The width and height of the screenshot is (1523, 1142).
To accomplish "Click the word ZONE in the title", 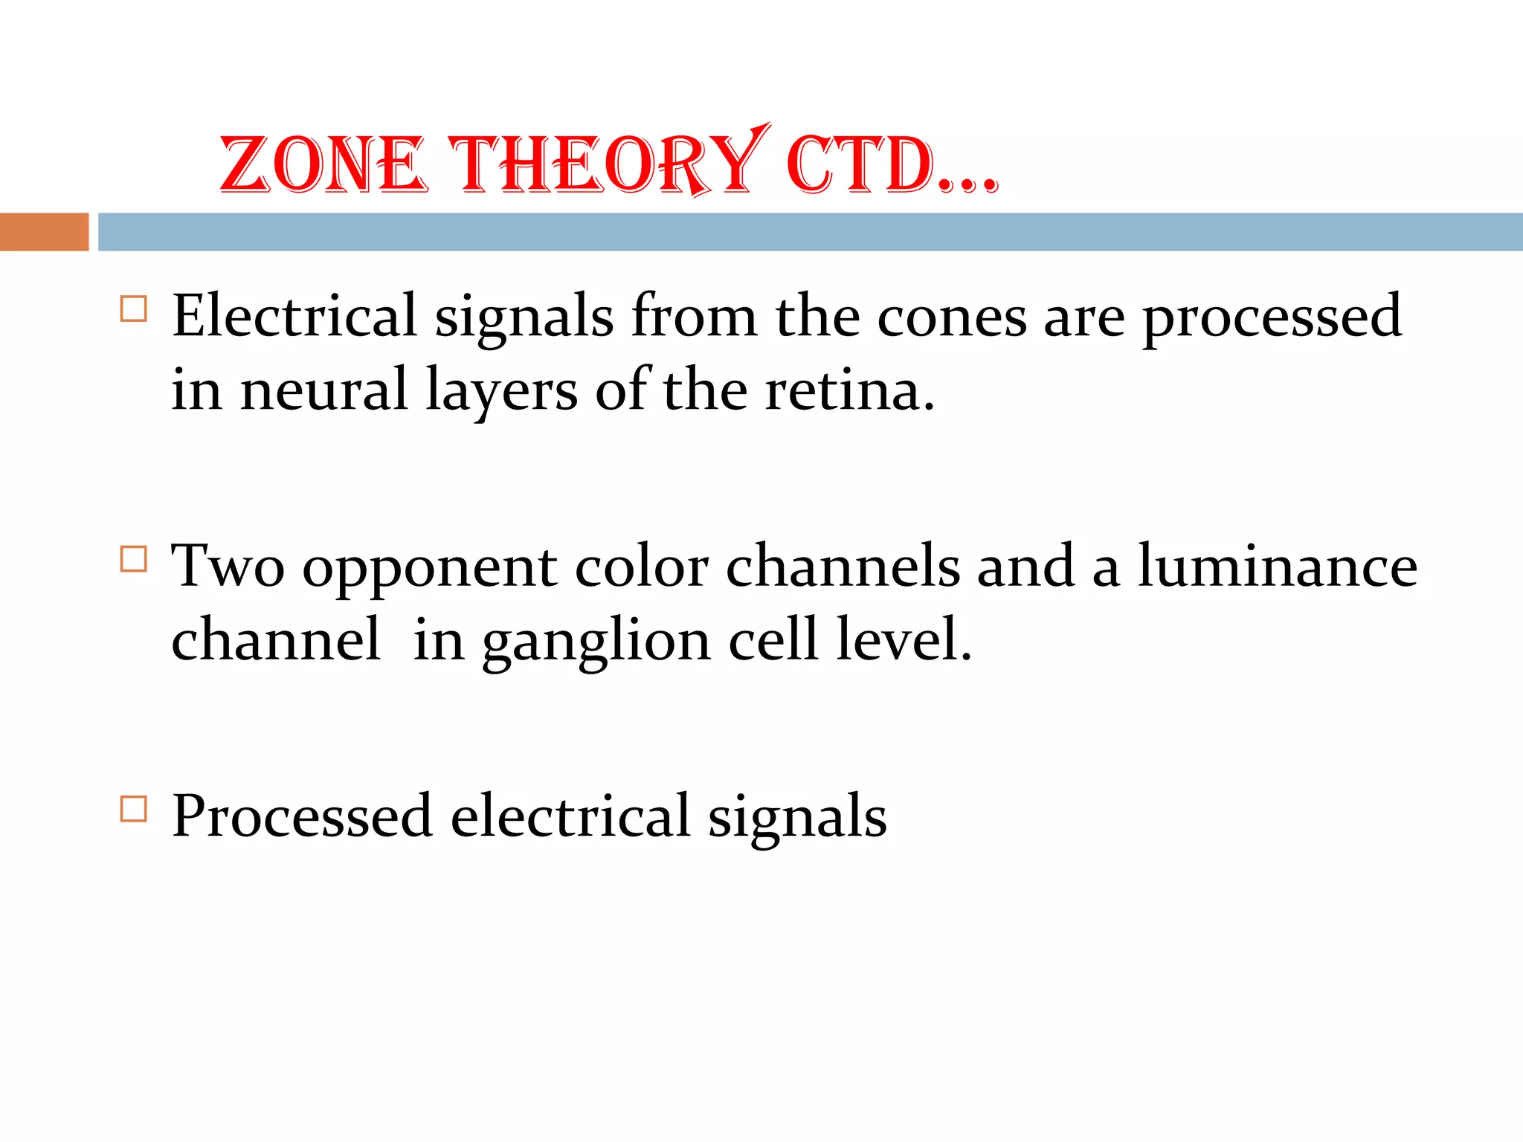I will pos(323,165).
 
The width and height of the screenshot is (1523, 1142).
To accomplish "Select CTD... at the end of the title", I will pos(891,165).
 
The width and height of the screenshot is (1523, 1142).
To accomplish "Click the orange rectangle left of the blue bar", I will pos(44,232).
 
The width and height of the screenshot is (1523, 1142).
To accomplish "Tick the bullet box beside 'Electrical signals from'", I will pos(133,309).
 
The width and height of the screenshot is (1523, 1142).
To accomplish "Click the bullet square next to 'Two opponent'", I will pos(133,558).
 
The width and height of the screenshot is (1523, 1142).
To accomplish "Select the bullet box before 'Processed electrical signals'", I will pos(133,808).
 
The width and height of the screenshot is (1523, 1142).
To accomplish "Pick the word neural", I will pos(324,390).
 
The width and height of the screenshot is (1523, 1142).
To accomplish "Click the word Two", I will pos(228,567).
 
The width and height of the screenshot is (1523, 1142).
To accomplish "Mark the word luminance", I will pos(1278,567).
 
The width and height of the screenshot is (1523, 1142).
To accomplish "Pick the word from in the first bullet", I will pos(694,317).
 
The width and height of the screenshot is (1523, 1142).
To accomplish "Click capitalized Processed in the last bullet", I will pos(302,816).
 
